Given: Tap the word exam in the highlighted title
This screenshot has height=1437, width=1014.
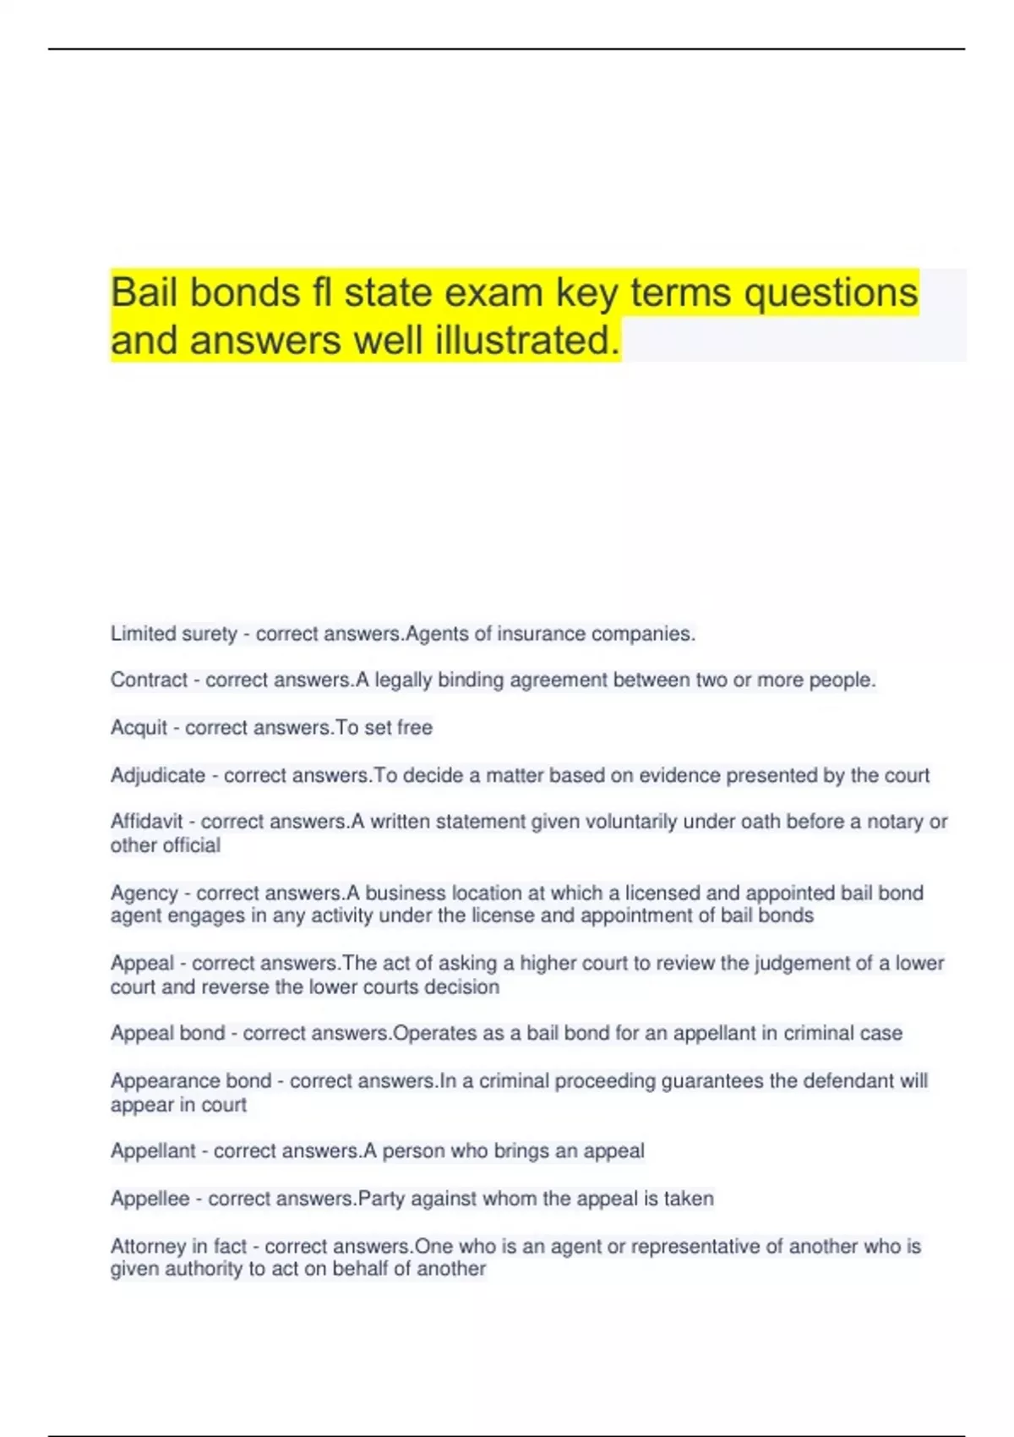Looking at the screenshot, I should [x=493, y=293].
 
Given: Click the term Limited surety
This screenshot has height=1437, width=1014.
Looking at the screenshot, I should [x=173, y=634].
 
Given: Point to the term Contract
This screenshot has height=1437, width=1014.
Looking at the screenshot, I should [x=149, y=680].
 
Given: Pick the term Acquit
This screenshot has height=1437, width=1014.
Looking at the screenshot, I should [x=139, y=728].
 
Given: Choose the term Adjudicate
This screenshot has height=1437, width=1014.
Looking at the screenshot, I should [x=158, y=775].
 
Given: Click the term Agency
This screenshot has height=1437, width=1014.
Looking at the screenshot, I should [x=144, y=893].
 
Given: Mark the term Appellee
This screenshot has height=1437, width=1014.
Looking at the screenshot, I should [x=150, y=1199].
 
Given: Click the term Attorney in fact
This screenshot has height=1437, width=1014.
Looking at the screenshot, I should [x=178, y=1246].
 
